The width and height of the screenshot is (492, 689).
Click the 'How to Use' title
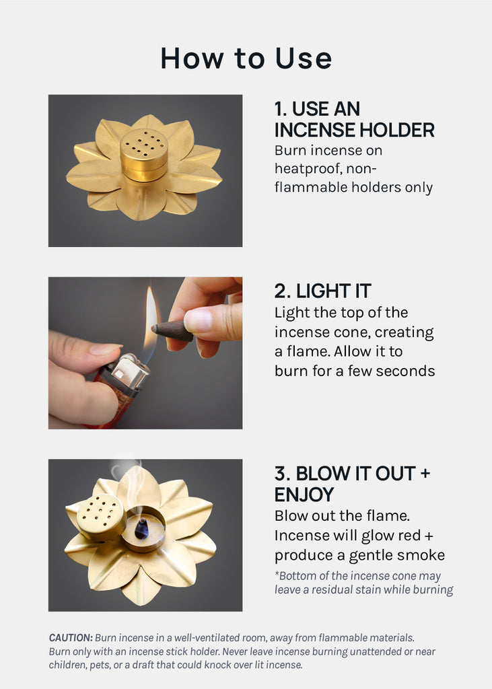coord(246,59)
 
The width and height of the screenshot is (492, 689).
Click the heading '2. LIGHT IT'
coord(322,291)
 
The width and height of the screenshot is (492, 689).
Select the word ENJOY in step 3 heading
coord(304,495)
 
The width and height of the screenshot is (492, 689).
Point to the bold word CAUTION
coord(71,638)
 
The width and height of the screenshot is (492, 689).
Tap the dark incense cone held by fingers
coord(172,330)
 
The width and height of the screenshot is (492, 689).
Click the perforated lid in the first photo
coord(144,154)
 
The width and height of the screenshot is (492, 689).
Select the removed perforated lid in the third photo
coord(101,516)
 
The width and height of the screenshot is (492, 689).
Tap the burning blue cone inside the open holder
coord(141,529)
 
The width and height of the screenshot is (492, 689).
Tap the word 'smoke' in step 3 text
coord(423,555)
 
